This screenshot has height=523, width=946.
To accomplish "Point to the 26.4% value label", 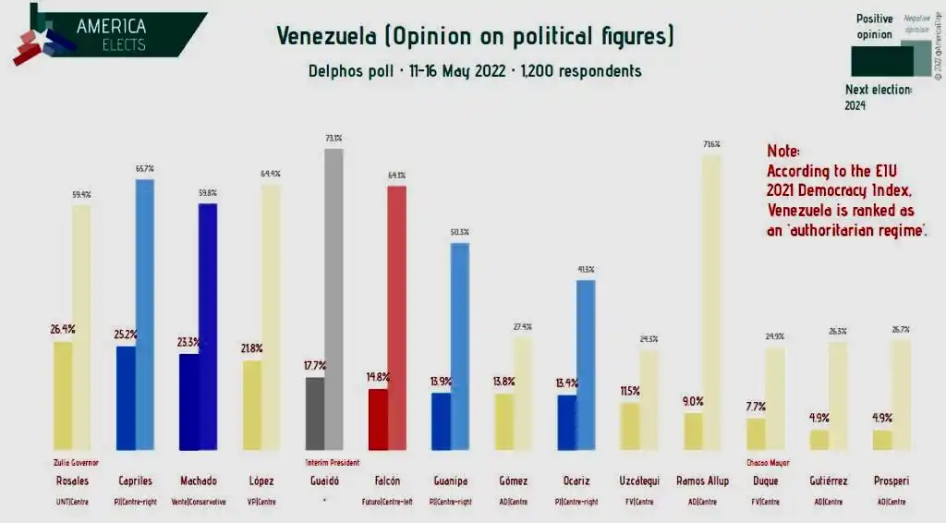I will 63,328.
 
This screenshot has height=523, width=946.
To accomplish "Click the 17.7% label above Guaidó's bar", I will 315,365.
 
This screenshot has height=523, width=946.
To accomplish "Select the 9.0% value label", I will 693,401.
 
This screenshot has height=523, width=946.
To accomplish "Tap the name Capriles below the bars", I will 136,480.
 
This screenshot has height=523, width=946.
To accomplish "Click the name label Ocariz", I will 576,480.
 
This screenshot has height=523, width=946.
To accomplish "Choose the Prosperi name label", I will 891,480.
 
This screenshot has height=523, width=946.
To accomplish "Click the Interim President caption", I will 332,462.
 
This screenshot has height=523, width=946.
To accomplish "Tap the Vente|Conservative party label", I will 199,502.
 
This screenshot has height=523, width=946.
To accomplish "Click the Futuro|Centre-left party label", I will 387,502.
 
